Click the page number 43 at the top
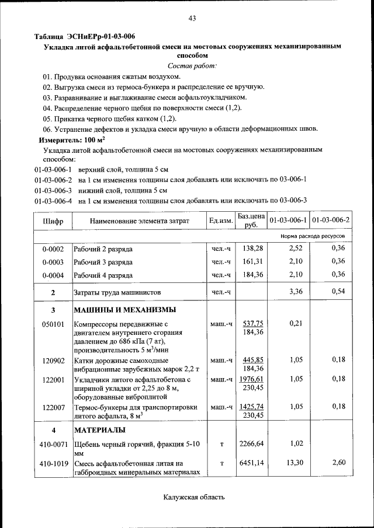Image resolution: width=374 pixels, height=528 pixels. click(x=192, y=19)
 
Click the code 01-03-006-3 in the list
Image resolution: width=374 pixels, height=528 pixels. click(x=53, y=190)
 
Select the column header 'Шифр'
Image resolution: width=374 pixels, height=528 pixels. click(x=53, y=221)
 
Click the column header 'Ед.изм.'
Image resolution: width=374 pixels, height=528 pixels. click(x=221, y=221)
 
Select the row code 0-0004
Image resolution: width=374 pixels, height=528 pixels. click(x=53, y=275)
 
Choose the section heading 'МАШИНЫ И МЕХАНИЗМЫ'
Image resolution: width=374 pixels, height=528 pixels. click(x=125, y=309)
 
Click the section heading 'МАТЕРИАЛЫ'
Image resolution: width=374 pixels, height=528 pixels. click(x=99, y=430)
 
